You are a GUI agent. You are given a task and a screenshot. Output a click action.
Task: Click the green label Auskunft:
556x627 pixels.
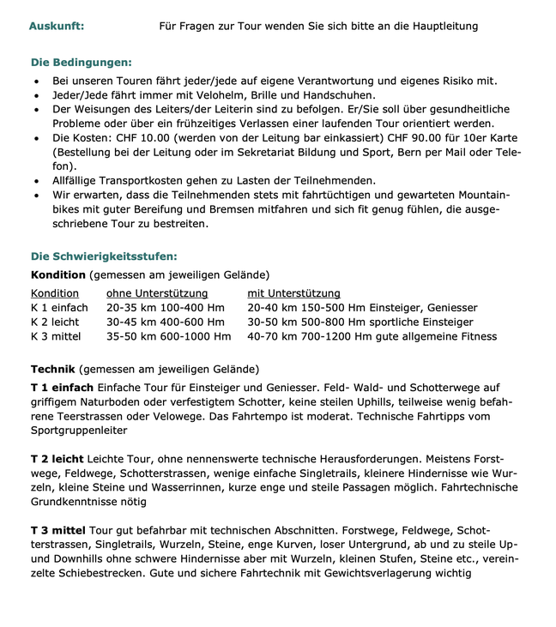coord(56,26)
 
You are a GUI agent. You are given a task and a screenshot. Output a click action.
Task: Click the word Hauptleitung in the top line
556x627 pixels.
coord(442,26)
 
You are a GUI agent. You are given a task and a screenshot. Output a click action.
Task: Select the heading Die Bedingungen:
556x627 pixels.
coord(82,63)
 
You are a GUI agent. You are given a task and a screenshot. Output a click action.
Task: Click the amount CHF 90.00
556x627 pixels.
coord(390,138)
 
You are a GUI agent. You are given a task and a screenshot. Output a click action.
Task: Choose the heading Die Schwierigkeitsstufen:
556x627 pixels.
coord(105,256)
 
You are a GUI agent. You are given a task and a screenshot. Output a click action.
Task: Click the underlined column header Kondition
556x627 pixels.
coord(55,293)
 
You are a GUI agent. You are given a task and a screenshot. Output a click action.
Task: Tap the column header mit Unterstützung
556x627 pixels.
coord(293,293)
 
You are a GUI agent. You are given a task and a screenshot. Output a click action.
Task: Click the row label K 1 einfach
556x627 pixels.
coord(59,307)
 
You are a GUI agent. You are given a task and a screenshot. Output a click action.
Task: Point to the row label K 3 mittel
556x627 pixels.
coord(57,335)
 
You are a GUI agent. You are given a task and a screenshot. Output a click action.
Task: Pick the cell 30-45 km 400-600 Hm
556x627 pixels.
coord(165,322)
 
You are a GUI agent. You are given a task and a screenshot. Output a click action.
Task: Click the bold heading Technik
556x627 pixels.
coord(53,369)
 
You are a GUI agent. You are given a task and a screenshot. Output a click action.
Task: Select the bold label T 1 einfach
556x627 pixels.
coord(62,388)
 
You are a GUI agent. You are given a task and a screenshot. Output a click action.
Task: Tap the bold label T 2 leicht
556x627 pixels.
coord(57,459)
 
